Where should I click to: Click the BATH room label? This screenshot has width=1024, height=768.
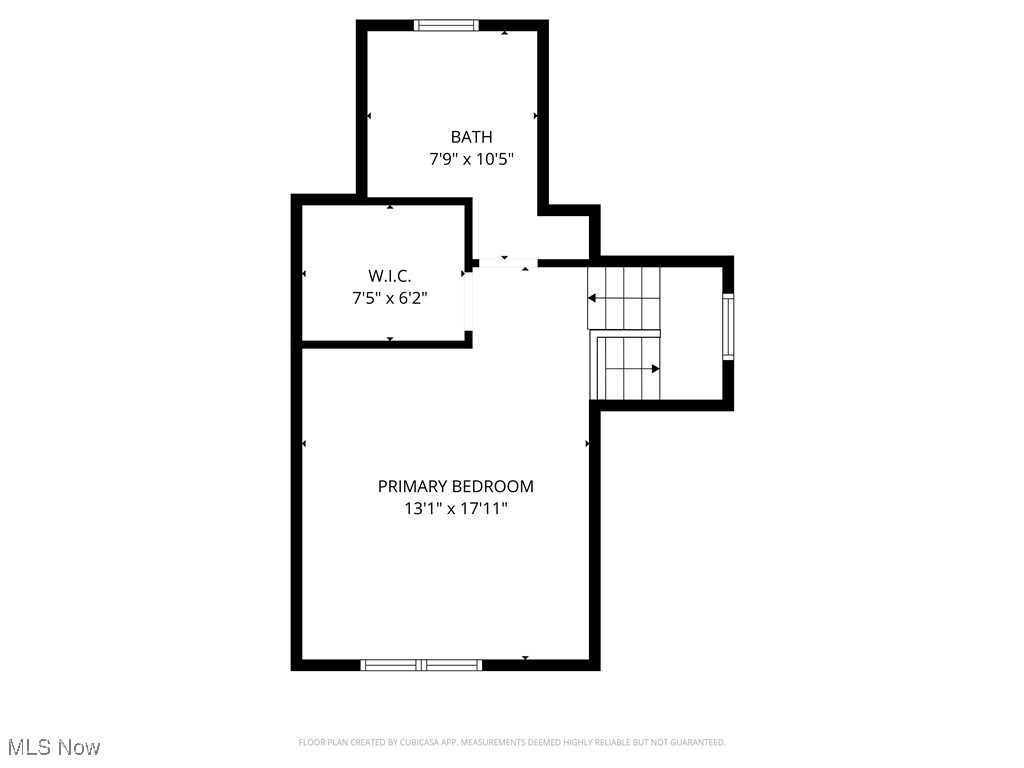(471, 137)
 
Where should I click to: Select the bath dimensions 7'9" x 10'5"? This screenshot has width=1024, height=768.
(471, 158)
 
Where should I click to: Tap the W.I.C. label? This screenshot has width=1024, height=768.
(389, 276)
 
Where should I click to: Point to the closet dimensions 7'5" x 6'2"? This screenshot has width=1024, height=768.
(389, 297)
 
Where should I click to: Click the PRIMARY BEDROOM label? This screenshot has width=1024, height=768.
(455, 487)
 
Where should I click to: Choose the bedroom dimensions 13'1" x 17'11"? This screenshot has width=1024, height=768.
(455, 509)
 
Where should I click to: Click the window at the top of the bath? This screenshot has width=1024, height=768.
(446, 26)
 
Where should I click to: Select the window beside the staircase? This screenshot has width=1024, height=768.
(728, 326)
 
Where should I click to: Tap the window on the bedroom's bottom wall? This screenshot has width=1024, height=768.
(421, 664)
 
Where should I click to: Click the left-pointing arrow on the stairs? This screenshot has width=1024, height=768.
(591, 298)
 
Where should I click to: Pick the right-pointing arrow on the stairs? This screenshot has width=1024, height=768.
(655, 369)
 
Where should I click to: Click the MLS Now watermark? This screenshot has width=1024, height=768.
(54, 747)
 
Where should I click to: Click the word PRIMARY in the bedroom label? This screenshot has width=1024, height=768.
(412, 487)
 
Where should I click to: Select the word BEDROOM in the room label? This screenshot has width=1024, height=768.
(492, 487)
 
